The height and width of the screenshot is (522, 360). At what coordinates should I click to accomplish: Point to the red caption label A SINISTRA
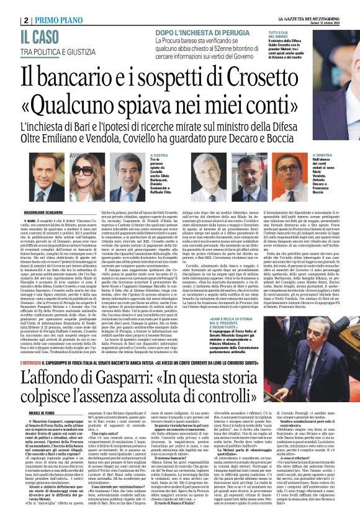tap(325, 156)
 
